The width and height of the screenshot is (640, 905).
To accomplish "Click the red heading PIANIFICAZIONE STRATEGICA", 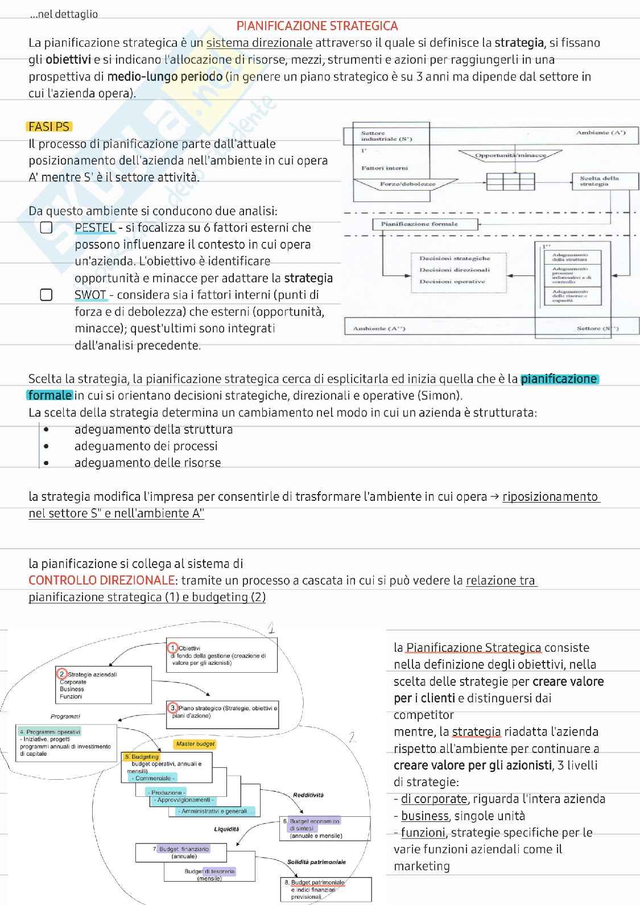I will (x=317, y=26).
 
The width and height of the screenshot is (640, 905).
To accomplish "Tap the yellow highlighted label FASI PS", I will (x=49, y=127).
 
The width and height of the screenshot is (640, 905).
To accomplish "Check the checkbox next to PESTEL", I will (x=46, y=228).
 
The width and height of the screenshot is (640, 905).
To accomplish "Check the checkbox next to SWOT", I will (x=46, y=295).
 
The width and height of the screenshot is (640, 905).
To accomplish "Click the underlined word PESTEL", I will (x=95, y=228).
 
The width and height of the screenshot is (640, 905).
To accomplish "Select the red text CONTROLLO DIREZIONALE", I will (x=101, y=581).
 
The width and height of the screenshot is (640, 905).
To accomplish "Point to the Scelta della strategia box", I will (x=605, y=182).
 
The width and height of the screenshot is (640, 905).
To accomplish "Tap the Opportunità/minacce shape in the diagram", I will (x=510, y=155).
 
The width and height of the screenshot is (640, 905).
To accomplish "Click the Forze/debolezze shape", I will (x=406, y=184).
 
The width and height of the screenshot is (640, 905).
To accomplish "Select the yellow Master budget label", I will (x=195, y=744).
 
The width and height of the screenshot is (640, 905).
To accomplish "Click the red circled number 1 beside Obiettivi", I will (x=173, y=648).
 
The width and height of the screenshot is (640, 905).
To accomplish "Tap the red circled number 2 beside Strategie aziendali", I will (x=63, y=674).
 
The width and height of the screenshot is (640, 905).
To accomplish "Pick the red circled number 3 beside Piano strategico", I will (x=173, y=707).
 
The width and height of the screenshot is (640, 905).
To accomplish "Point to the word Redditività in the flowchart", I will (x=308, y=795).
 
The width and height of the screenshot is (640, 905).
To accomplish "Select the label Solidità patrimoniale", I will (x=316, y=862).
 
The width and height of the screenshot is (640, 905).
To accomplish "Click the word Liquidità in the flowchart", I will (x=226, y=829).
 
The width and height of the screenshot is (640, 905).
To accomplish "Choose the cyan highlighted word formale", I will (x=50, y=396).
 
